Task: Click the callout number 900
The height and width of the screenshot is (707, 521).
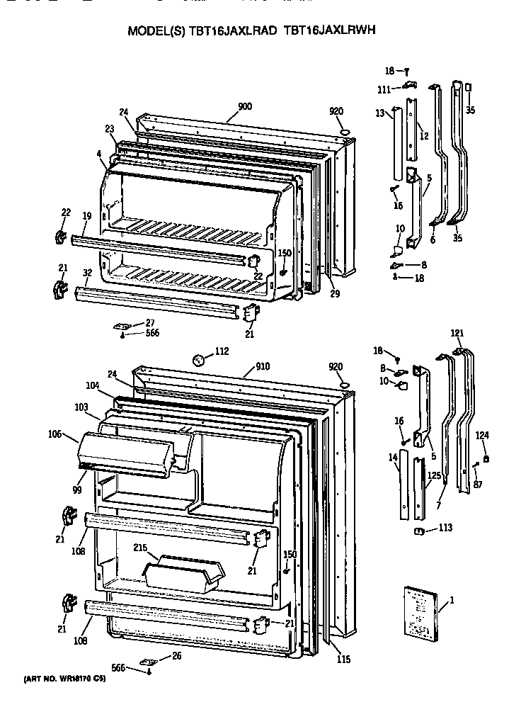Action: [245, 107]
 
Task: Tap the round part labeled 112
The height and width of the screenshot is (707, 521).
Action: [201, 361]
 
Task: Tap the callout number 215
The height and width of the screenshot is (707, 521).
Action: [139, 548]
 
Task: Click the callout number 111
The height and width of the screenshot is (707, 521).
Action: [384, 89]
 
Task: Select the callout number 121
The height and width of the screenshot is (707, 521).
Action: [457, 333]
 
